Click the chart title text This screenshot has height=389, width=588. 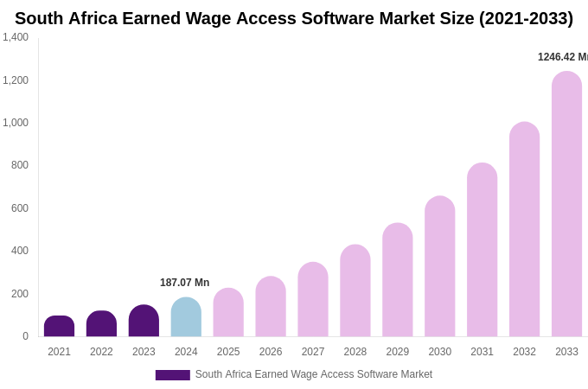pos(294,18)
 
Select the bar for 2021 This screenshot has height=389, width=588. pos(59,327)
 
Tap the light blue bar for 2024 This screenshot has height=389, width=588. pos(186,317)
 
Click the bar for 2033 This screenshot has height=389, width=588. pos(566,204)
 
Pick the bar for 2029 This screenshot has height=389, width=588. pos(398,280)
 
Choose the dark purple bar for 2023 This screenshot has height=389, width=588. pos(144,321)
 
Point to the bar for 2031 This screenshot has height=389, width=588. pos(483,250)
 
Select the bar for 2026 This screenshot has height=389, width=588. pos(271,307)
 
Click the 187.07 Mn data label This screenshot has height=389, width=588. pos(184,283)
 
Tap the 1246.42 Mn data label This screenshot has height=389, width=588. pos(562,57)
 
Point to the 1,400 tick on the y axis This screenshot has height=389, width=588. pos(16,37)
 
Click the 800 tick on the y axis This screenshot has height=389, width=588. pos(20,165)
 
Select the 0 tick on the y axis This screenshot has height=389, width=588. pos(25,336)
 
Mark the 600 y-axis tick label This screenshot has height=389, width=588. pos(20,208)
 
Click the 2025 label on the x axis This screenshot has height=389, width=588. pos(228,352)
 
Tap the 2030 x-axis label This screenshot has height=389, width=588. pos(439,352)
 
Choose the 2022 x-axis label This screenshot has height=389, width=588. pos(101,352)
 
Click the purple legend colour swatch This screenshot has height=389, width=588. pos(172,375)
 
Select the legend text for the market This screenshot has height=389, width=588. pos(313,374)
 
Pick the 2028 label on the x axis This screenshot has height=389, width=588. pos(355,352)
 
